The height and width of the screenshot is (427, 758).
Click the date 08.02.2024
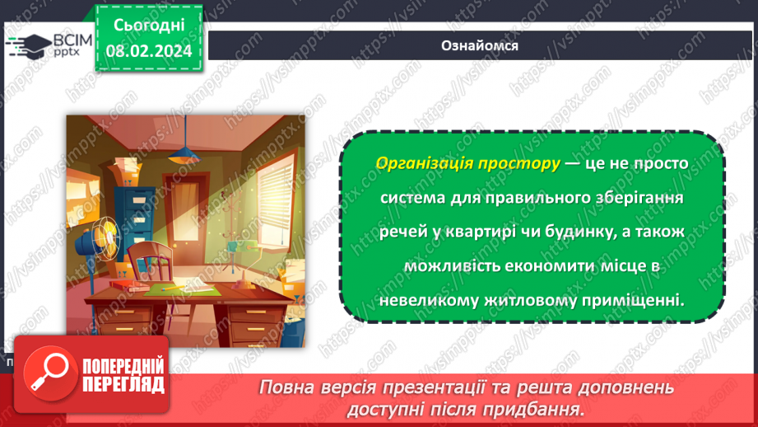pyautogui.click(x=148, y=51)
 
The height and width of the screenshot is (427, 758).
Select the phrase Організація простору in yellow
pyautogui.click(x=467, y=162)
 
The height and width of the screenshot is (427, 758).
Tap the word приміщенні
pyautogui.click(x=641, y=301)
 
